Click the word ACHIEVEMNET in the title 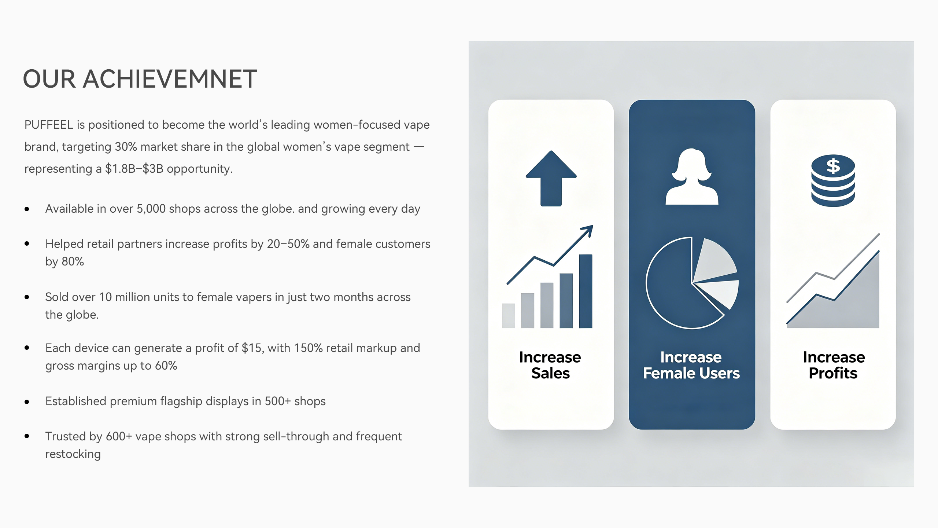coord(170,79)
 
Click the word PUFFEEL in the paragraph coord(49,125)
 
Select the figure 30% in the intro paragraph coord(126,147)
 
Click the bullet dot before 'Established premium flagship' coord(27,402)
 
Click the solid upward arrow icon coord(551,178)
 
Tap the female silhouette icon coord(692,176)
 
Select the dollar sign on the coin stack coord(833,166)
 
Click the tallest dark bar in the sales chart coord(586,291)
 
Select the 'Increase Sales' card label coord(550,365)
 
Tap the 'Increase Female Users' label coord(691,365)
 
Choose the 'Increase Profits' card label coord(834,365)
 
